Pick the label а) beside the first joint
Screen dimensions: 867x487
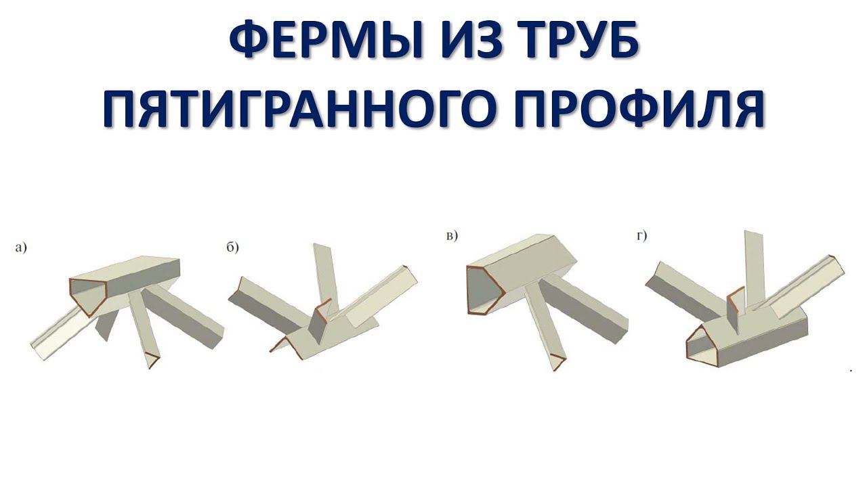pyautogui.click(x=21, y=248)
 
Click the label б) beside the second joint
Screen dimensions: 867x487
pyautogui.click(x=232, y=248)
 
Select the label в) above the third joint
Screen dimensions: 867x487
pyautogui.click(x=452, y=236)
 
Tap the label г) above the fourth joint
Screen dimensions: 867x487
pyautogui.click(x=641, y=236)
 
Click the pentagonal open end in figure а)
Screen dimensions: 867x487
pyautogui.click(x=89, y=296)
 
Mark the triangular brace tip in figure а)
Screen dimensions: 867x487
pyautogui.click(x=152, y=361)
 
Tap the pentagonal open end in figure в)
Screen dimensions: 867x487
pyautogui.click(x=484, y=289)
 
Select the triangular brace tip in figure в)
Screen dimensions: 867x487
pyautogui.click(x=557, y=362)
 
